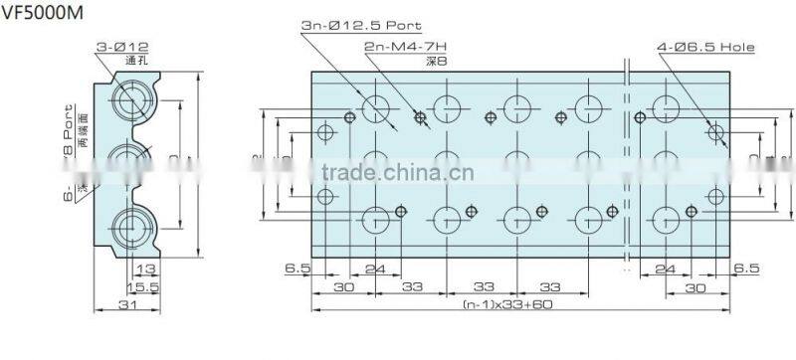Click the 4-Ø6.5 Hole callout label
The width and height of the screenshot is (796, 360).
(x=704, y=47)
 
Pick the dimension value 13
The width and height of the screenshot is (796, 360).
(x=145, y=270)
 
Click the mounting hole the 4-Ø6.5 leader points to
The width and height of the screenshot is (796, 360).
(x=716, y=131)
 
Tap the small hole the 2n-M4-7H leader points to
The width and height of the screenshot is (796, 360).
(x=420, y=119)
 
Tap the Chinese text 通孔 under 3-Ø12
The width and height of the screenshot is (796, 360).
(x=135, y=60)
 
